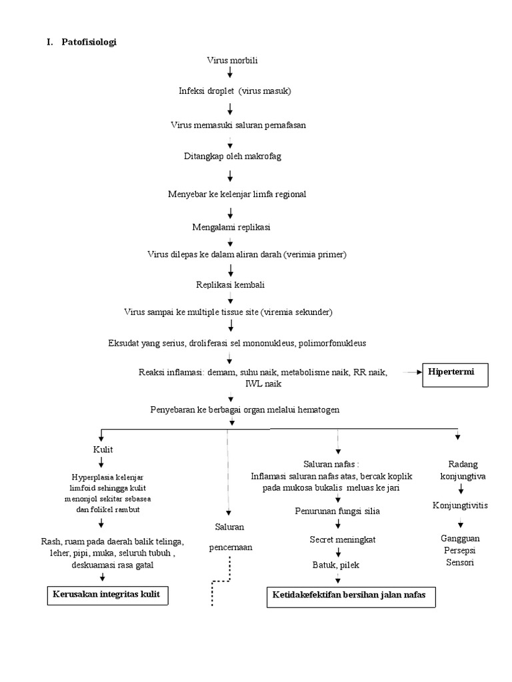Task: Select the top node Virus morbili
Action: [x=232, y=61]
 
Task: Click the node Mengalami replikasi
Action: [x=231, y=227]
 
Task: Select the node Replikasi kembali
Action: [x=231, y=284]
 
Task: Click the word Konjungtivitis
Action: [x=460, y=505]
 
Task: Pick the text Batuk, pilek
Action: [x=337, y=565]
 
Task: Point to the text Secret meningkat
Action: [x=343, y=539]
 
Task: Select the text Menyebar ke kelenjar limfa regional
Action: [x=237, y=194]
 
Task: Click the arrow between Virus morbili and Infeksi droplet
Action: [x=230, y=72]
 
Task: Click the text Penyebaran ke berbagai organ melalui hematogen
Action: [x=245, y=410]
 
